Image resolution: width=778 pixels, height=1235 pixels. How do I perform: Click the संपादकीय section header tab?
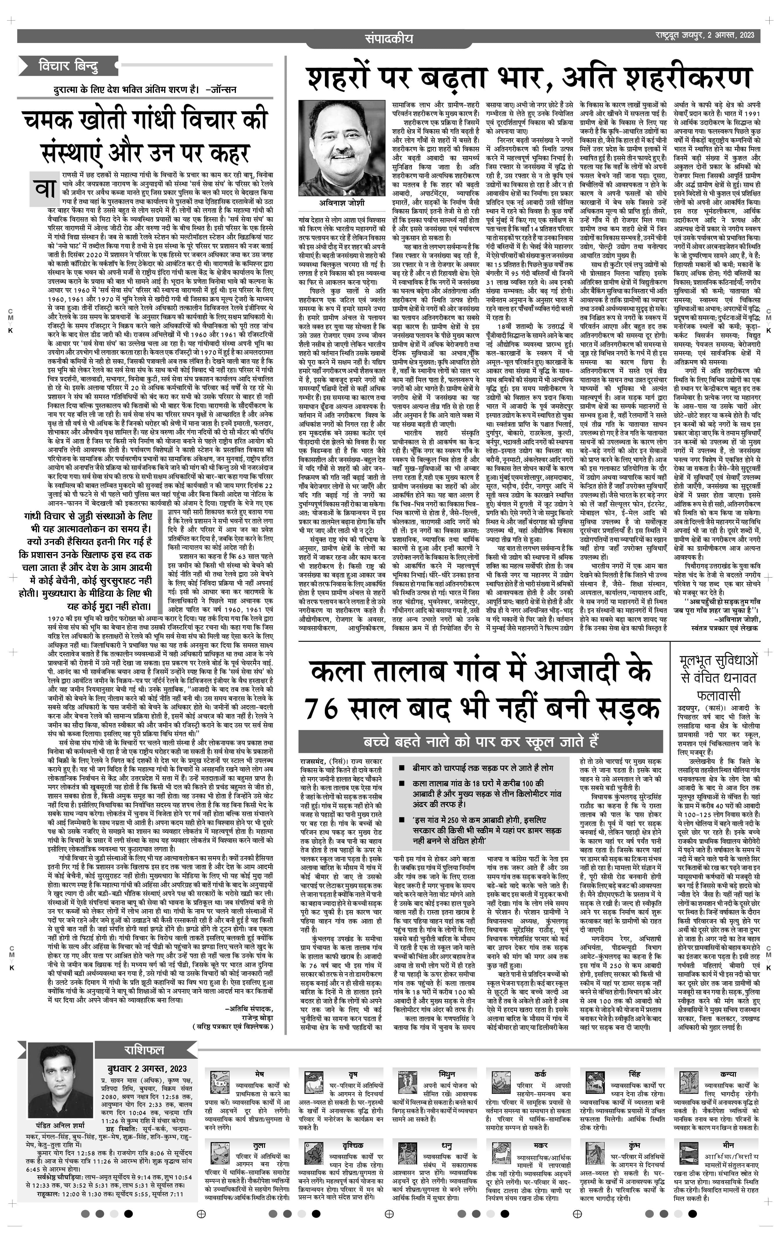point(388,38)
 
